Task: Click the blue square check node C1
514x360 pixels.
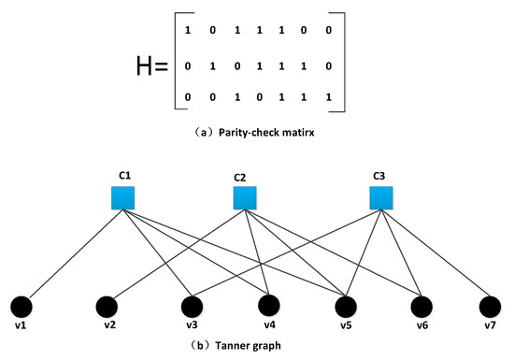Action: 123,197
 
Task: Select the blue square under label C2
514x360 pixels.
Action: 245,197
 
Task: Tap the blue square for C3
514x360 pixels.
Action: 380,197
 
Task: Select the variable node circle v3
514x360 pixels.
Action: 191,306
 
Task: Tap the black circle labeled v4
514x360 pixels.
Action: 269,306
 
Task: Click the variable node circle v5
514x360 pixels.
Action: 346,306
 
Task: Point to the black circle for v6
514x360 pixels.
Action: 421,306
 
